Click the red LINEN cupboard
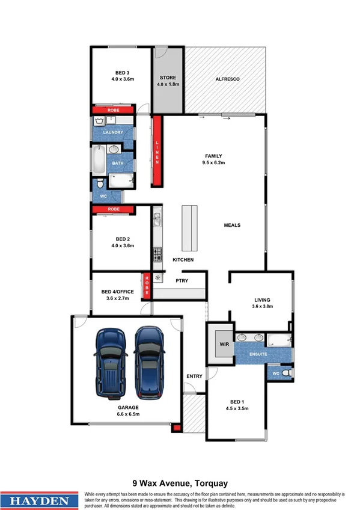pos(157,151)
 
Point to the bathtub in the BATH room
pos(97,161)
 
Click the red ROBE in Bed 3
pos(113,111)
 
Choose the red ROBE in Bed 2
pos(113,209)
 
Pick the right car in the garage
pos(149,363)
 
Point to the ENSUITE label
pos(258,355)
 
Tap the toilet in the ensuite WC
pos(287,373)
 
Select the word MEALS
pos(232,225)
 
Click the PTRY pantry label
pos(182,280)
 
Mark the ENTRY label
pos(194,376)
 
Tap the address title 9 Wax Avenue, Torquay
pos(180,482)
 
